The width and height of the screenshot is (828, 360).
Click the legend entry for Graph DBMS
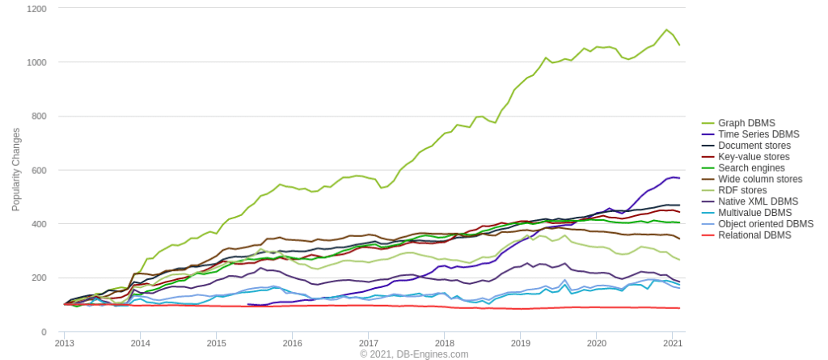pyautogui.click(x=746, y=123)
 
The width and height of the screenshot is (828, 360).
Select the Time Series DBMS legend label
pyautogui.click(x=758, y=134)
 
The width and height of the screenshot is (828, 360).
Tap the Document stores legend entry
pyautogui.click(x=754, y=146)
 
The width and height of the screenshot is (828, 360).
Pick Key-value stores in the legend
pyautogui.click(x=754, y=157)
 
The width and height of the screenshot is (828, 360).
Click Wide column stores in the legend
pyautogui.click(x=760, y=180)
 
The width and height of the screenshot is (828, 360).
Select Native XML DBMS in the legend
pyautogui.click(x=758, y=201)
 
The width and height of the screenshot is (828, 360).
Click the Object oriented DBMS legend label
pyautogui.click(x=766, y=224)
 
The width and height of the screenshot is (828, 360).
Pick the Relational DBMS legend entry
pyautogui.click(x=754, y=235)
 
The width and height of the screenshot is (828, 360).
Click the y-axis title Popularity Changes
pyautogui.click(x=16, y=169)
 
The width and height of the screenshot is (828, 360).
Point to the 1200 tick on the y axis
pyautogui.click(x=36, y=9)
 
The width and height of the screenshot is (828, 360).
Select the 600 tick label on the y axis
pyautogui.click(x=39, y=171)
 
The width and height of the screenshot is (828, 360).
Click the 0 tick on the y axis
pyautogui.click(x=44, y=332)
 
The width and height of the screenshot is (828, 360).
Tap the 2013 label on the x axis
pyautogui.click(x=65, y=343)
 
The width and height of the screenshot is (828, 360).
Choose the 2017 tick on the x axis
pyautogui.click(x=369, y=343)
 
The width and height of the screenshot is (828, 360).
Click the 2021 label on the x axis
pyautogui.click(x=673, y=343)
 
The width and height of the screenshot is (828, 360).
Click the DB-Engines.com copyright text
pyautogui.click(x=414, y=354)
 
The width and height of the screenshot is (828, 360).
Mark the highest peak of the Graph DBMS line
pyautogui.click(x=667, y=30)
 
